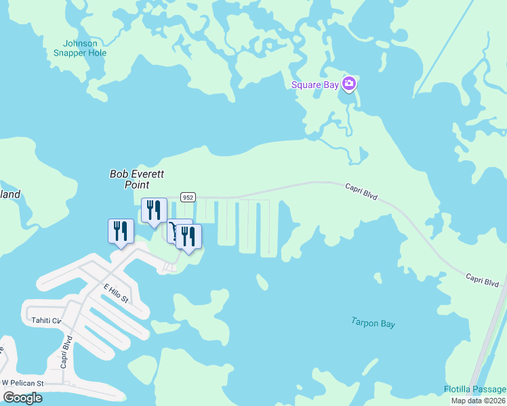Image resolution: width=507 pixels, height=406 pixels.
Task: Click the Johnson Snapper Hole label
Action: tap(80, 48)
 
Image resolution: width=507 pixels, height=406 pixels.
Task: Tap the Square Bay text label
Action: tap(315, 85)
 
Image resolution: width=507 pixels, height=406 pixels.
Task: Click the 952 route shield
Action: tap(188, 197)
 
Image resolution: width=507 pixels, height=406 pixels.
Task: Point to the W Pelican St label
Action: tap(22, 383)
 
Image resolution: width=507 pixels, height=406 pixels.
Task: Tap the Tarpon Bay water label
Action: tap(373, 323)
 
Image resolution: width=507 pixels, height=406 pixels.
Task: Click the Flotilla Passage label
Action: tap(475, 389)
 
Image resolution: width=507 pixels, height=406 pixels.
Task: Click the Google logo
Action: tap(22, 398)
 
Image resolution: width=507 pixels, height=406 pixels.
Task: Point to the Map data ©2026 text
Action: tap(477, 401)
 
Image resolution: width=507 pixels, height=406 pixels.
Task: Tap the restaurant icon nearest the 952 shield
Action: tap(154, 210)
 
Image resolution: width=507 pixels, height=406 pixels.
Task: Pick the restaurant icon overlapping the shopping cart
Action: tap(189, 236)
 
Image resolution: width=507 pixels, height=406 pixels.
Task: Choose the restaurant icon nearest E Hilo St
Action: tap(121, 231)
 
